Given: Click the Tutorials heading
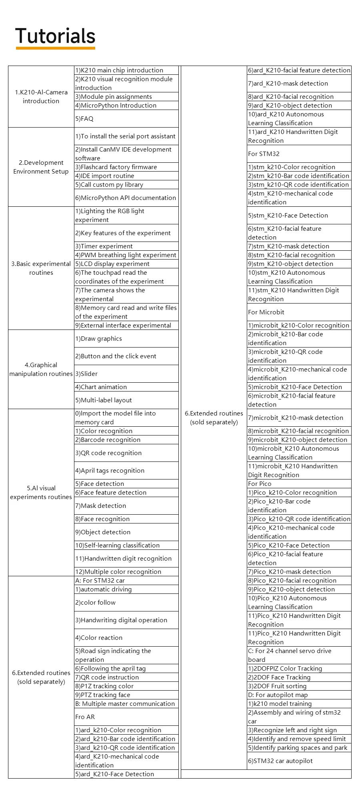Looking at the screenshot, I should (55, 36).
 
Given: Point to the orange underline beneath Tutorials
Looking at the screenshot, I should (55, 48).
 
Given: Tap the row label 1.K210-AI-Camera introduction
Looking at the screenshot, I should (41, 97).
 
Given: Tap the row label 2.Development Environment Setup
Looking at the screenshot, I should (41, 167).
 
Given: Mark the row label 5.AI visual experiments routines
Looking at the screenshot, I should (41, 493).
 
